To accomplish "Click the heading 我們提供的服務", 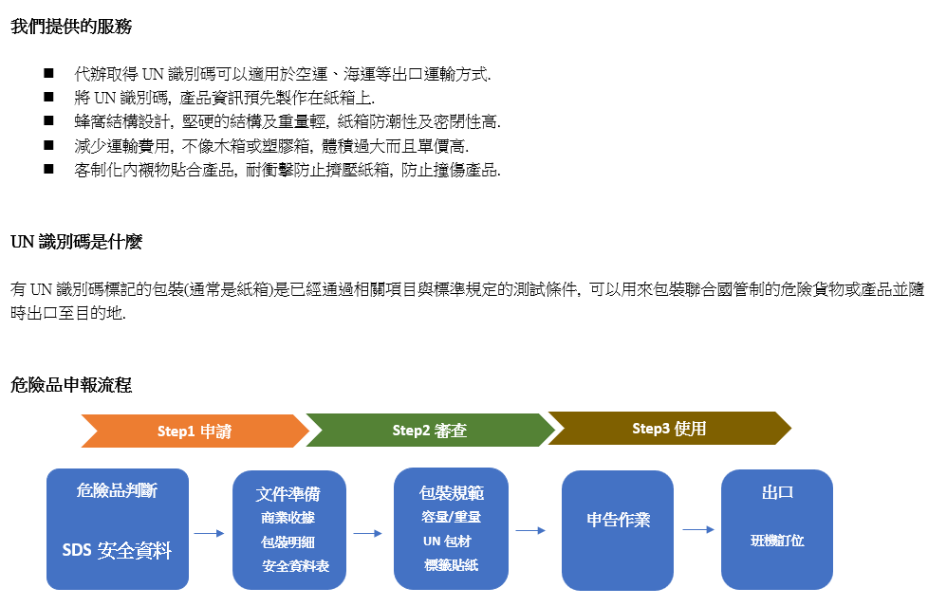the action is [x=71, y=27].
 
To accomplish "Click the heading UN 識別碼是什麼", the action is [x=76, y=242].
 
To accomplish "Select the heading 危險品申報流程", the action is [x=71, y=385].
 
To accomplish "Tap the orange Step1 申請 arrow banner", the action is [x=195, y=431].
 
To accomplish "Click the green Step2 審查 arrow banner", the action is [x=430, y=431].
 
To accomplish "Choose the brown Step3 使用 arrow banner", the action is [x=669, y=428].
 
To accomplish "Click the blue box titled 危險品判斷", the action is [x=118, y=529].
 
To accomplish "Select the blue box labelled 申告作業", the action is [x=618, y=530].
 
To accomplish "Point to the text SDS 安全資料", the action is [x=117, y=550].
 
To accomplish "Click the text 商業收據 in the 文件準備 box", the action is [x=288, y=518].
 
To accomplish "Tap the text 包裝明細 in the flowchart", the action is [x=288, y=542].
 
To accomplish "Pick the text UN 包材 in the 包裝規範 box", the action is [x=448, y=542].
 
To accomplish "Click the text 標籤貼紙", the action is [x=452, y=565].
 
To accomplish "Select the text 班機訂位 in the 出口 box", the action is [x=777, y=541].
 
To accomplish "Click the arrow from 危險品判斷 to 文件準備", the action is [x=210, y=533].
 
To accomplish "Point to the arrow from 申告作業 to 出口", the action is [x=698, y=529].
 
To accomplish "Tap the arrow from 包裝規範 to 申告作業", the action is [x=530, y=530].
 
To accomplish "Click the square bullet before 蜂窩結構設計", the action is [x=48, y=120].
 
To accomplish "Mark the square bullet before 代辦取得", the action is [x=48, y=73].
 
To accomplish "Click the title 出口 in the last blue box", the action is [x=777, y=492].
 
